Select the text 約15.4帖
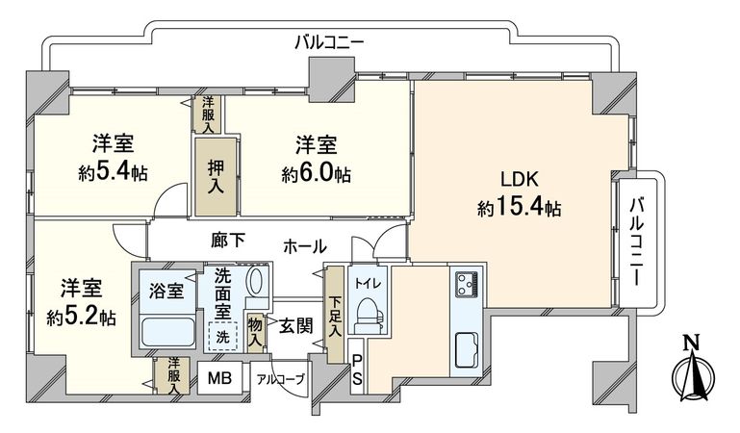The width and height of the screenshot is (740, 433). tap(520, 207)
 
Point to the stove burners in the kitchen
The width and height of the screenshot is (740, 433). tap(467, 285)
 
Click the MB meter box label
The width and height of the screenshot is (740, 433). tap(220, 377)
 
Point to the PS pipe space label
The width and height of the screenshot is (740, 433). tap(356, 371)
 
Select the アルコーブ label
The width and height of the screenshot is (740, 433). tap(279, 379)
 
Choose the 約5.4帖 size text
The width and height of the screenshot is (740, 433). tap(112, 175)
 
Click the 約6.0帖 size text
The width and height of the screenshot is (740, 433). tap(316, 175)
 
